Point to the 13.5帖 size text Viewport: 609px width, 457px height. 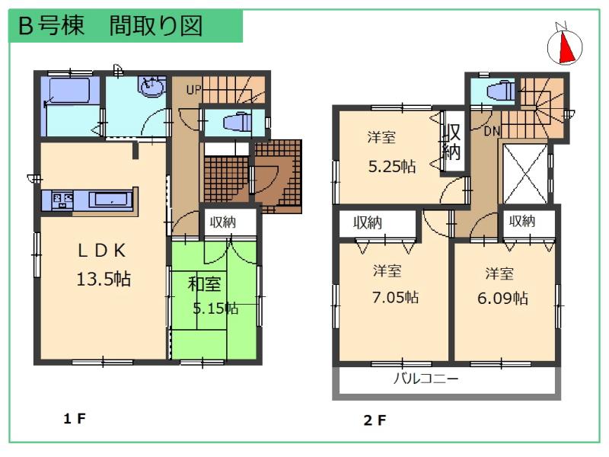104,279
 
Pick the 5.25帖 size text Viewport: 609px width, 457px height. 391,165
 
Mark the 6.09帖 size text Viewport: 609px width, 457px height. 503,297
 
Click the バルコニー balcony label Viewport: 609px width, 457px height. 426,379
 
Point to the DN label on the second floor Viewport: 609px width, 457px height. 492,131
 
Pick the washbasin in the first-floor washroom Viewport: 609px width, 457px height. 153,88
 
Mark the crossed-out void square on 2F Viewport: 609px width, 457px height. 525,173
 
